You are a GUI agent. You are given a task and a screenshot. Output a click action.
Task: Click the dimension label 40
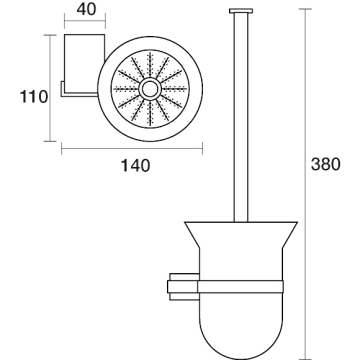click(86, 9)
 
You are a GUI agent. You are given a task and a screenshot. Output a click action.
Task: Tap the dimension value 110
click(34, 97)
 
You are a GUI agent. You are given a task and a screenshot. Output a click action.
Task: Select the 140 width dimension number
click(135, 165)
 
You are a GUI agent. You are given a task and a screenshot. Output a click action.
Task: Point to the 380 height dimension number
click(326, 164)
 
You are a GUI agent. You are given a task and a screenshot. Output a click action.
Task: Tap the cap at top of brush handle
click(241, 11)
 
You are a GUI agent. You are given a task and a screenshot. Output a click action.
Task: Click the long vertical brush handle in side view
click(241, 118)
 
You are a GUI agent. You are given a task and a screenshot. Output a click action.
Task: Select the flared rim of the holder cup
click(241, 235)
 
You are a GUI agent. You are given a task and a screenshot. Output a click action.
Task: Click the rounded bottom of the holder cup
click(241, 333)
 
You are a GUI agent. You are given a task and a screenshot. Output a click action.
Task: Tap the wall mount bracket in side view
click(183, 287)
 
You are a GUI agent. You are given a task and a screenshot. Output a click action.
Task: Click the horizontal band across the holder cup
click(240, 287)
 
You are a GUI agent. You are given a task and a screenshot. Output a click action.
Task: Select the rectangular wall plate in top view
click(85, 63)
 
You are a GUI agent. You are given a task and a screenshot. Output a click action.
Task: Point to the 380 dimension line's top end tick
click(305, 9)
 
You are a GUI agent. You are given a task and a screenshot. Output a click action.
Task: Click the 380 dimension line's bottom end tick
click(305, 359)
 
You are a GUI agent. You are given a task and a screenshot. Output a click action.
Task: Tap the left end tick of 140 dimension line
click(62, 148)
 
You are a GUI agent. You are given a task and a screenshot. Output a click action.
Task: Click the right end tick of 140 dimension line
click(202, 148)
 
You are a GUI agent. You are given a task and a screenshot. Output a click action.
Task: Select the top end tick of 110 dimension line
click(50, 35)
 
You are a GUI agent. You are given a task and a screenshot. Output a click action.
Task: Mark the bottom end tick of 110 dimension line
click(50, 141)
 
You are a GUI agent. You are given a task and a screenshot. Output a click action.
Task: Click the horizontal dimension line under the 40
click(85, 21)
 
